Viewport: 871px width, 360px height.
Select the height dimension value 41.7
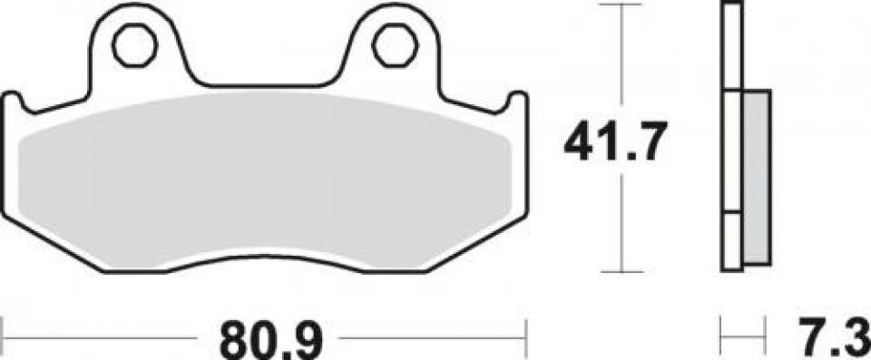(x=615, y=142)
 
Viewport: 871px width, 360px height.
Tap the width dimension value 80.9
(x=262, y=343)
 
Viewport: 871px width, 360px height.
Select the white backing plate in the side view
(x=732, y=136)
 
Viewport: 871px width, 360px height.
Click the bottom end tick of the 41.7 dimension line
(x=620, y=270)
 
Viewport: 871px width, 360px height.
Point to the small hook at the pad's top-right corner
(x=517, y=100)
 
